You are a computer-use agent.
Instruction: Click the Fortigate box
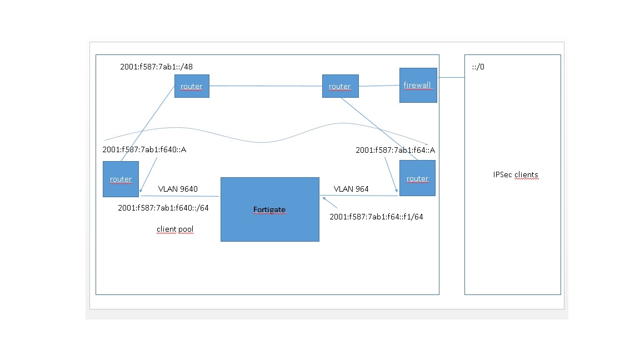click(x=269, y=209)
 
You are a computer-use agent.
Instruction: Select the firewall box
click(x=418, y=85)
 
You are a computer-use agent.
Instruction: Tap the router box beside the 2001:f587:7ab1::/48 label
click(x=192, y=86)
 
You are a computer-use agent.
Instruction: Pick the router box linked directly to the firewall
click(x=340, y=86)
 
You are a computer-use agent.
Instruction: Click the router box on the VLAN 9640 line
click(x=121, y=179)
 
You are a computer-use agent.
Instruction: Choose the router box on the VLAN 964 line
click(x=417, y=178)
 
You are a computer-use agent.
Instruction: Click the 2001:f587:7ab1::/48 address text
click(x=157, y=67)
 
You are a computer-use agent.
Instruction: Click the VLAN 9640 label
click(x=178, y=189)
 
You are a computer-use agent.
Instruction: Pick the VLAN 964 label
click(x=351, y=189)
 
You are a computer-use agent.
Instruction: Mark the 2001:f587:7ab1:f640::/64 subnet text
click(x=163, y=208)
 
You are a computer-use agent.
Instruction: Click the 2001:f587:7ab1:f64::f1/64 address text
click(x=376, y=217)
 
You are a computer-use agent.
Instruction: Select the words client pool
click(x=175, y=229)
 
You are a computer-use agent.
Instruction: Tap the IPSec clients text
click(x=516, y=174)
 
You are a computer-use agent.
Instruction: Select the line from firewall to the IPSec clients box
click(x=451, y=78)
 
